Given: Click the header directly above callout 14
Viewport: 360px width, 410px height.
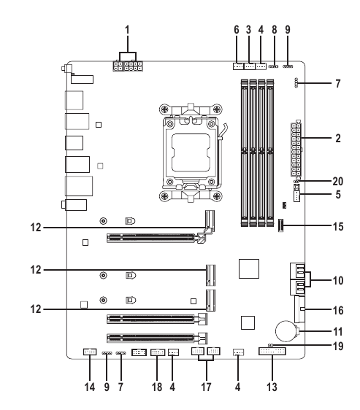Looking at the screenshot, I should [89, 353].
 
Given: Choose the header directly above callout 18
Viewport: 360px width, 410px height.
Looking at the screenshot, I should [157, 355].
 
